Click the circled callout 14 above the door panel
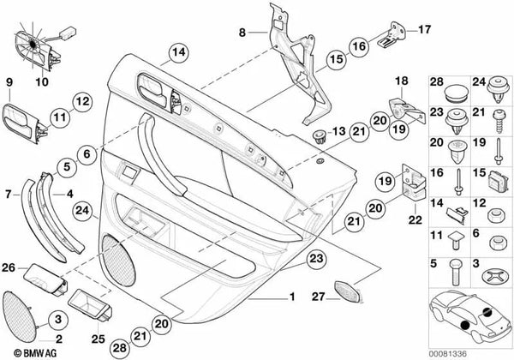click(x=179, y=53)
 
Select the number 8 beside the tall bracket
click(x=242, y=33)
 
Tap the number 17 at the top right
click(x=424, y=29)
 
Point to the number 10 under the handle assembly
click(x=42, y=81)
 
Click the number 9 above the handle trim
click(x=9, y=82)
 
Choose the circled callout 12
click(x=82, y=102)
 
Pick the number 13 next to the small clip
click(x=338, y=131)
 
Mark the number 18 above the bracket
click(x=402, y=81)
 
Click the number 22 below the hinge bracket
click(x=415, y=219)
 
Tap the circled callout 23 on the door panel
click(x=317, y=259)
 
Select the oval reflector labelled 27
click(x=348, y=291)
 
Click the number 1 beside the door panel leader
click(x=292, y=297)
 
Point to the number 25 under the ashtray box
click(x=98, y=339)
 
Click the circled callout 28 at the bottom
click(x=120, y=347)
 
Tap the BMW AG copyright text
click(x=35, y=353)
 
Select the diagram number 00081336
click(x=448, y=354)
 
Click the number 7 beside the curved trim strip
click(x=9, y=195)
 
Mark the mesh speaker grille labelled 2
click(x=20, y=315)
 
